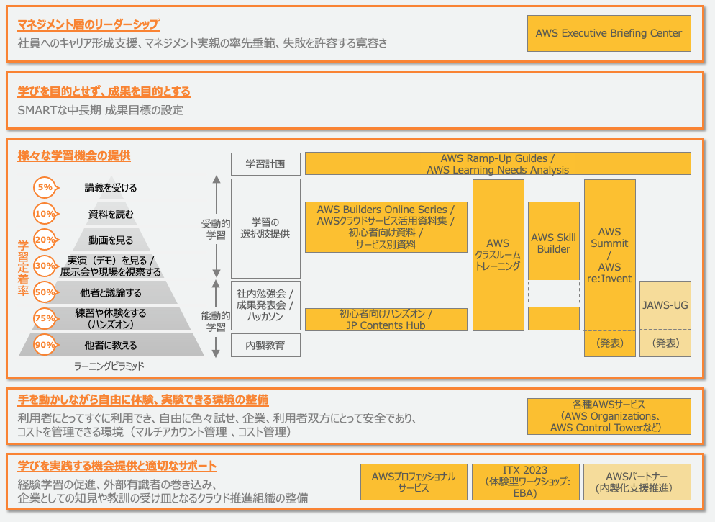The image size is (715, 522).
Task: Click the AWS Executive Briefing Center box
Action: pyautogui.click(x=609, y=33)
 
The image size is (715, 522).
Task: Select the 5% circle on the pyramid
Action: pyautogui.click(x=45, y=187)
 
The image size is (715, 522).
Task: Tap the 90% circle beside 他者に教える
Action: pyautogui.click(x=45, y=345)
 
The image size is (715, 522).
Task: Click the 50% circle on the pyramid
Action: pyautogui.click(x=45, y=292)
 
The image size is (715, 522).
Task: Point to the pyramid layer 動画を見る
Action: pyautogui.click(x=110, y=240)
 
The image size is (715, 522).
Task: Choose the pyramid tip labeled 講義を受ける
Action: pyautogui.click(x=110, y=188)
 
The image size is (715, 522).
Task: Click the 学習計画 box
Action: pyautogui.click(x=265, y=164)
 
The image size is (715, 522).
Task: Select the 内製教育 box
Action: pyautogui.click(x=265, y=345)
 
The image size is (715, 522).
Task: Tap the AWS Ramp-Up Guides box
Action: pyautogui.click(x=498, y=163)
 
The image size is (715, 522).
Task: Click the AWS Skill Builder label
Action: pyautogui.click(x=553, y=243)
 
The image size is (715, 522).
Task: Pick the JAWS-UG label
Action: pyautogui.click(x=665, y=305)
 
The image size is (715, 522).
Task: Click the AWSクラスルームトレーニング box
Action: pyautogui.click(x=498, y=255)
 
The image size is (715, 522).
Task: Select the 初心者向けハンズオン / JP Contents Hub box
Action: pyautogui.click(x=386, y=320)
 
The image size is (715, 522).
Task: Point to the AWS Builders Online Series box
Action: pyautogui.click(x=386, y=227)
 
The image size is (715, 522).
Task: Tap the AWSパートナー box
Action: pyautogui.click(x=637, y=482)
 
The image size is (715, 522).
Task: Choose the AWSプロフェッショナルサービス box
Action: pyautogui.click(x=413, y=482)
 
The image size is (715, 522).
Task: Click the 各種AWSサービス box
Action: pyautogui.click(x=609, y=416)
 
